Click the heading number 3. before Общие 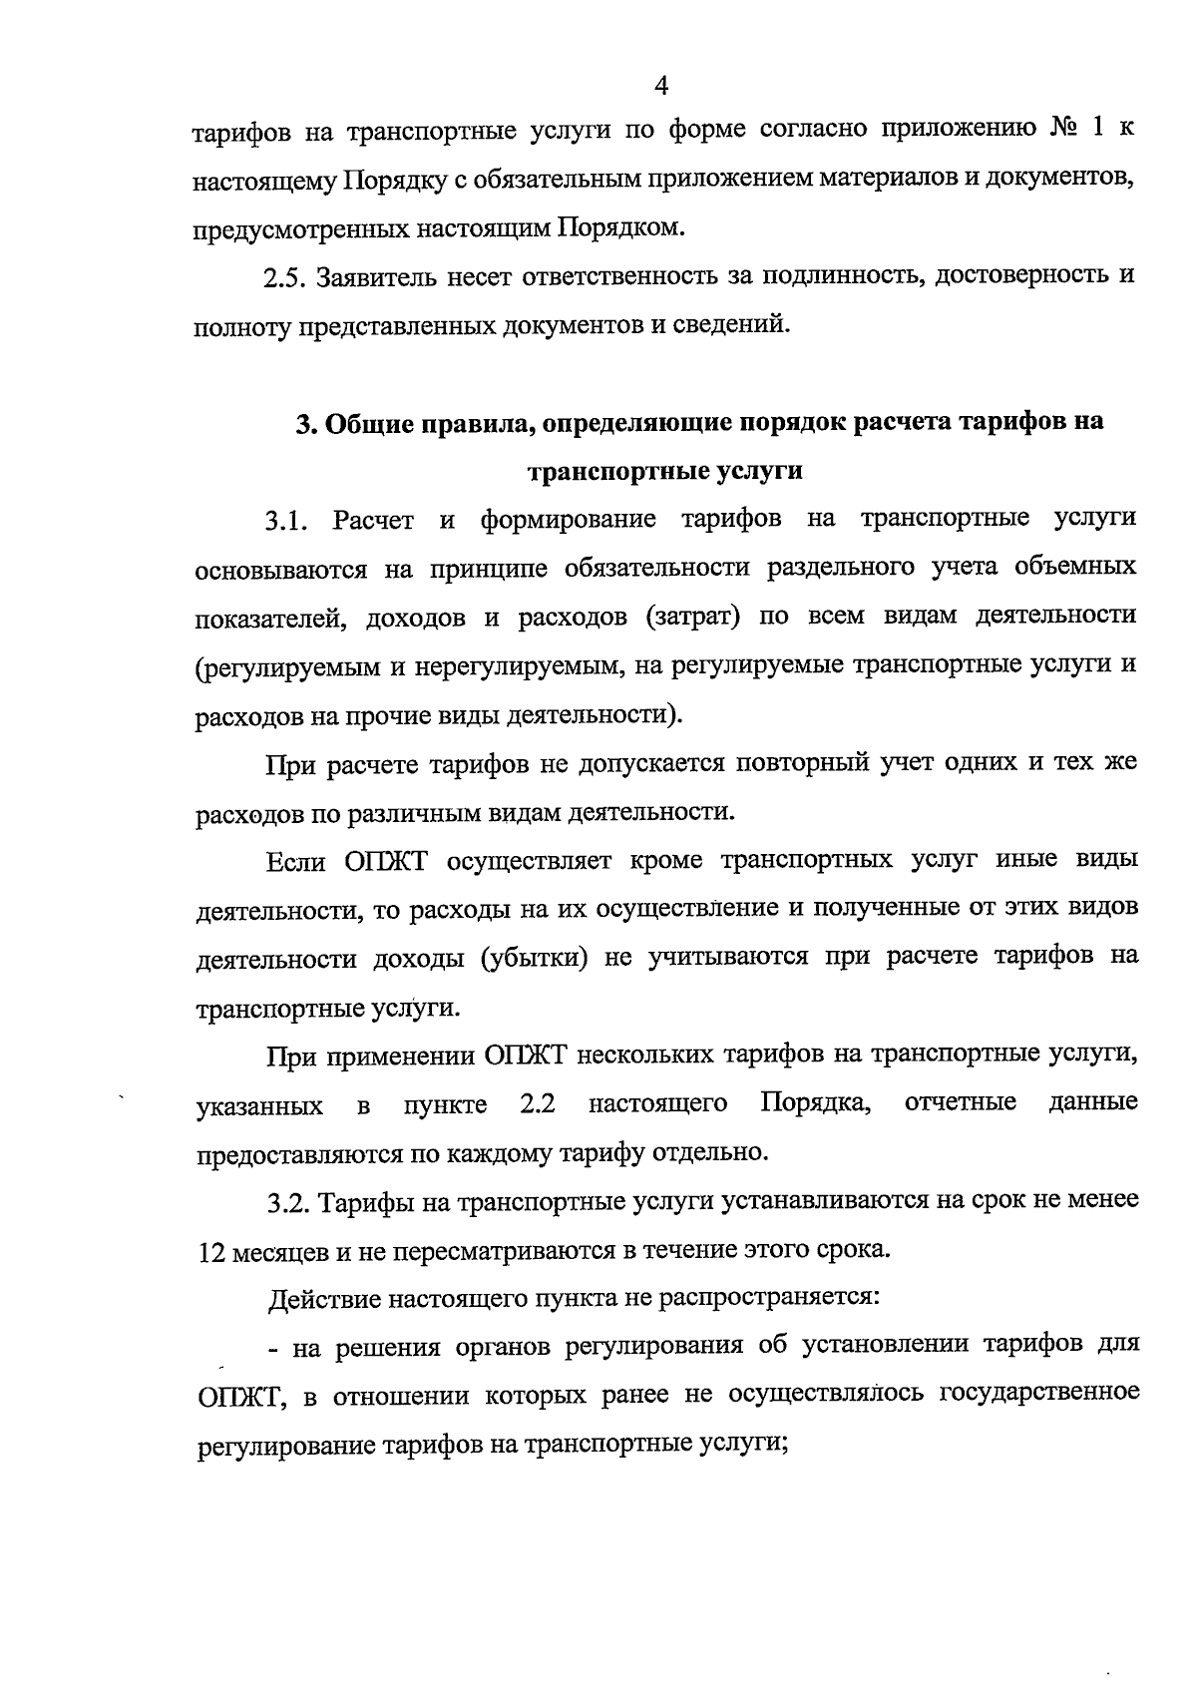(305, 423)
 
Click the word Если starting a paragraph (296, 862)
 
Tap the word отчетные (961, 1104)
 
